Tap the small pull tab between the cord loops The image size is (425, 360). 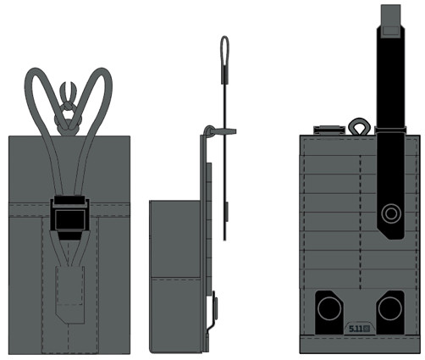69,91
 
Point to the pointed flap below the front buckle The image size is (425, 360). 69,294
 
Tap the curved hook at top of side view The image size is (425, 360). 210,130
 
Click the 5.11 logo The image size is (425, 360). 359,329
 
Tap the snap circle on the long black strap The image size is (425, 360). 391,213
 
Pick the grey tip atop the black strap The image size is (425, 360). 391,20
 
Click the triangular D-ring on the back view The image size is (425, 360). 360,126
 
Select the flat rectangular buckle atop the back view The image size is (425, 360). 329,130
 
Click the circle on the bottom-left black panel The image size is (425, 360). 329,308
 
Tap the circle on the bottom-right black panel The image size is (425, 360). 390,308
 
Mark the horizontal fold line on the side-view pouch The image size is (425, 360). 175,278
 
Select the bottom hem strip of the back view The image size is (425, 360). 360,345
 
